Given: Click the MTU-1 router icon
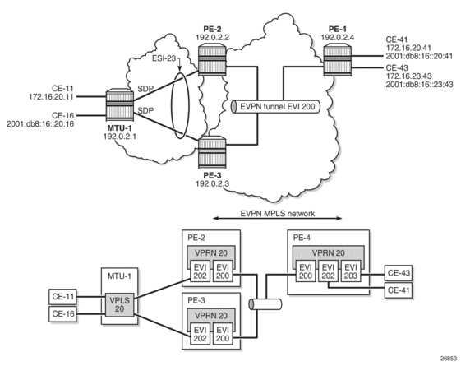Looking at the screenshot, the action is [120, 105].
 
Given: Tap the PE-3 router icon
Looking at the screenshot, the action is [212, 152].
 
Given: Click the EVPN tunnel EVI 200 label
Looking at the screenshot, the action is [278, 106].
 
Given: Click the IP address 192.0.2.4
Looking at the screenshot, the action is [337, 37].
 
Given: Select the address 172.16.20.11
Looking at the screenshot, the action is [51, 96].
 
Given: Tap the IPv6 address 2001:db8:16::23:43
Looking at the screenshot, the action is [419, 85].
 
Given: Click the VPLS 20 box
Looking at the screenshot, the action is [119, 305].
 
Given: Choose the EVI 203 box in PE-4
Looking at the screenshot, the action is [350, 271].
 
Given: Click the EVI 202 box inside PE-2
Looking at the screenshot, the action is [200, 271].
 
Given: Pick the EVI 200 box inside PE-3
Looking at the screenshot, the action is [223, 334].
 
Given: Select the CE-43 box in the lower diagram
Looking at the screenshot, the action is [399, 273].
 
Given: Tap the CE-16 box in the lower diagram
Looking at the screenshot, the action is [62, 314].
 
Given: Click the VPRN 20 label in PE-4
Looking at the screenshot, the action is [328, 253].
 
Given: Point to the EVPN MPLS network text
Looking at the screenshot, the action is [278, 213].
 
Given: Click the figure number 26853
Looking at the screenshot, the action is [449, 359].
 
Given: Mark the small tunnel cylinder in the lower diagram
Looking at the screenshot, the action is [265, 304].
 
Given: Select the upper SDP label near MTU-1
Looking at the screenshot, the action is [145, 89].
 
